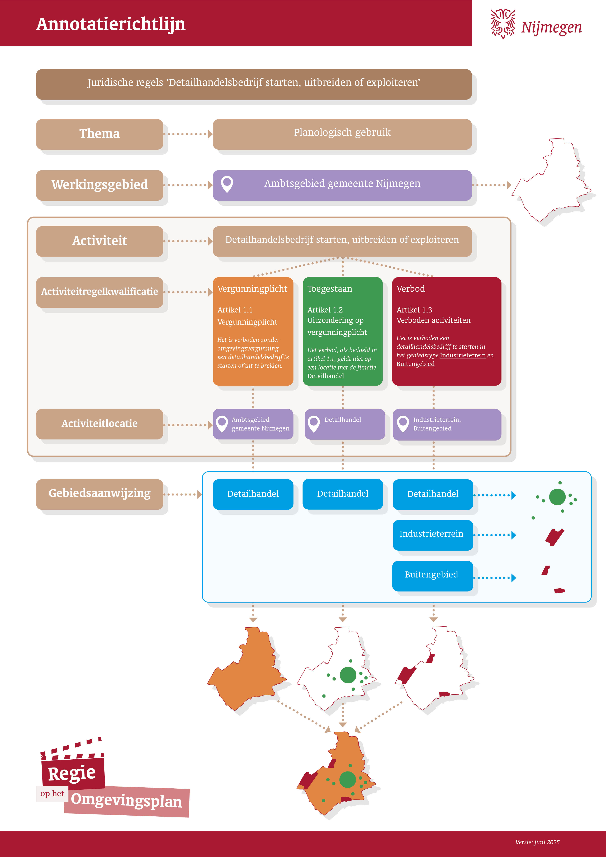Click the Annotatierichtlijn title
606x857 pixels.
[111, 24]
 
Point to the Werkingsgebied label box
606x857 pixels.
[100, 185]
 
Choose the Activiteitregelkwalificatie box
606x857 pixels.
[100, 292]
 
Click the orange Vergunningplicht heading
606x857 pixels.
[252, 288]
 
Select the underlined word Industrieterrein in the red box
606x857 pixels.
[463, 355]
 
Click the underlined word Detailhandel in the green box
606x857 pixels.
[325, 376]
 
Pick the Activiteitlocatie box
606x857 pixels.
[100, 424]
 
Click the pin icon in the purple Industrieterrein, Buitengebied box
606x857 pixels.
[403, 424]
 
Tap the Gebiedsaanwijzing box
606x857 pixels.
[100, 493]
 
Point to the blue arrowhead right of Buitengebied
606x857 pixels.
[514, 578]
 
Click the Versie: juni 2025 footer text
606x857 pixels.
[537, 842]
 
